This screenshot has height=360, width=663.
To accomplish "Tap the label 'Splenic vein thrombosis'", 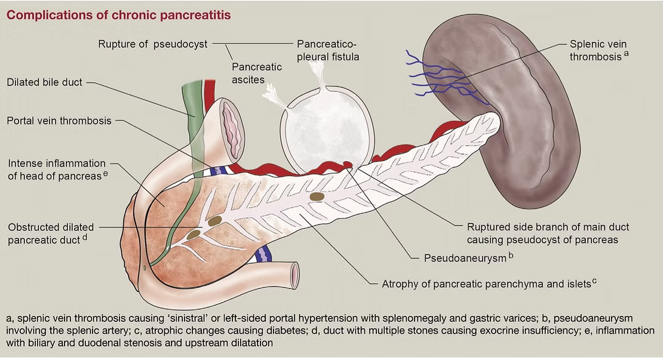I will click(x=598, y=51).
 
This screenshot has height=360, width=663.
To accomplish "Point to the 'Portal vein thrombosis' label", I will click(x=59, y=121).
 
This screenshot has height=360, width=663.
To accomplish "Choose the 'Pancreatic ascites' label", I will click(x=257, y=73).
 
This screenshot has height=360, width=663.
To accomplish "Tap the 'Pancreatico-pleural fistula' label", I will click(x=327, y=51).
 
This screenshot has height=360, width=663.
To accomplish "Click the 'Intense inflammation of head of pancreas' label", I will click(x=57, y=169).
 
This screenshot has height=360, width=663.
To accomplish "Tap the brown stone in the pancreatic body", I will click(x=317, y=196).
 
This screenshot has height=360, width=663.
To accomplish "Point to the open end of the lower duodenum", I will click(x=294, y=275).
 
